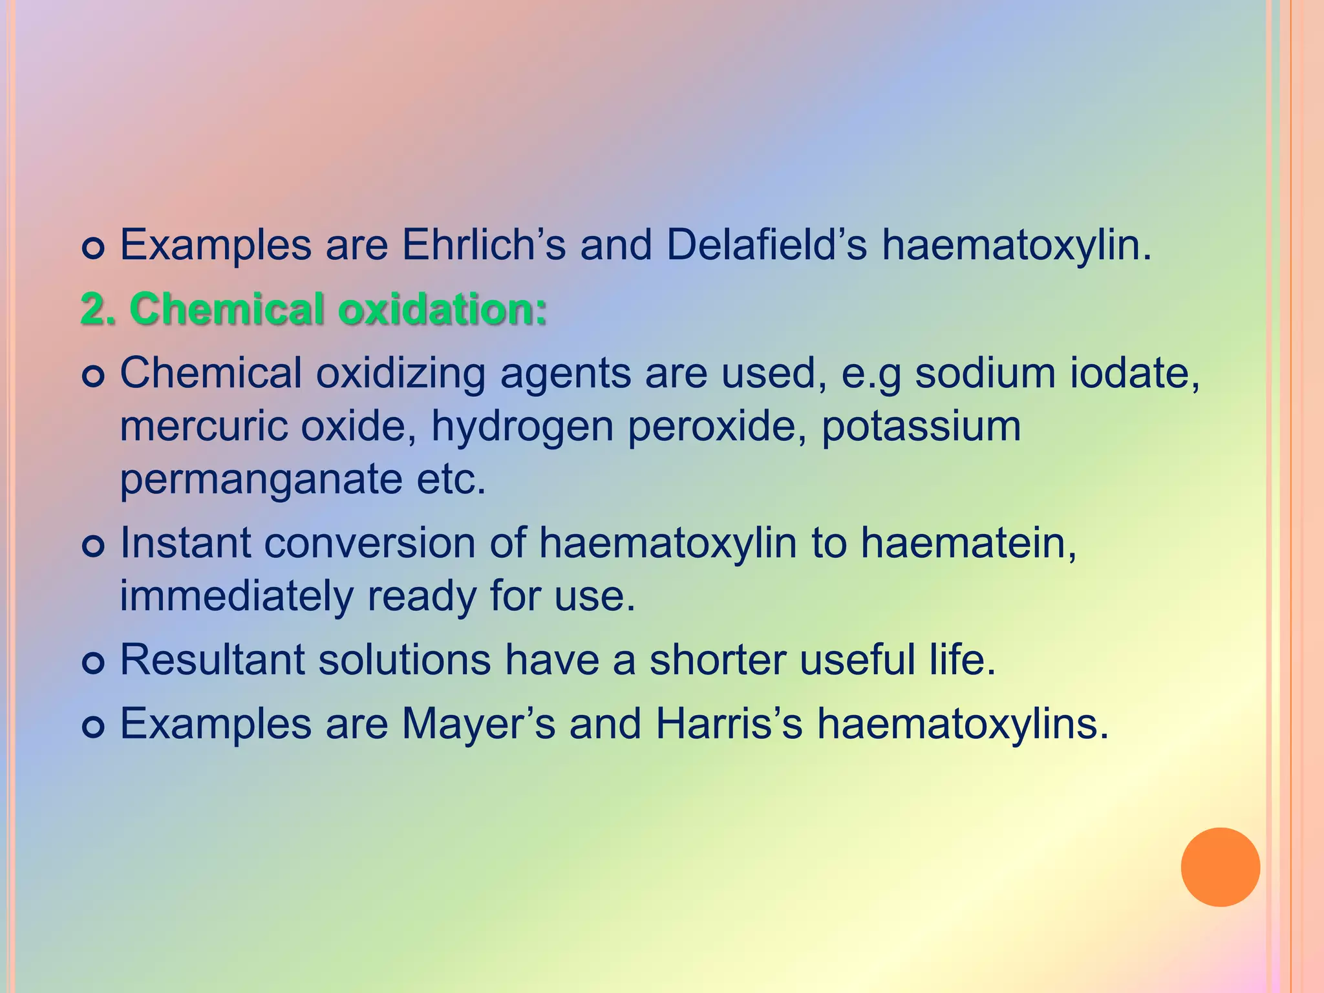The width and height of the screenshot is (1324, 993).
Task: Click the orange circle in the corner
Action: point(1220,867)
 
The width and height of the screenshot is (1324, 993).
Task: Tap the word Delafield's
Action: point(766,246)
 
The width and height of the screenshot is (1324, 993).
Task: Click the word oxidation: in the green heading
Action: point(442,309)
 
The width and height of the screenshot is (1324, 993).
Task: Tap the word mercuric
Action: point(204,427)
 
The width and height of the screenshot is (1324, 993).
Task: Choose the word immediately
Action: point(237,597)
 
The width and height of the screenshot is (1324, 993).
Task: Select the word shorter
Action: point(717,660)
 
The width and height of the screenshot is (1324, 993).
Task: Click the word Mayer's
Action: point(478,723)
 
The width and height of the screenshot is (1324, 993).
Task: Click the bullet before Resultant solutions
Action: point(94,663)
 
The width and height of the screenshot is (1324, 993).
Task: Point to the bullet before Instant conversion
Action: point(94,546)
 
